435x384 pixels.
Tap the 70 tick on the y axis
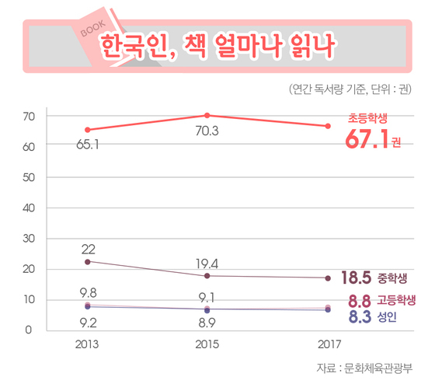(x=30, y=116)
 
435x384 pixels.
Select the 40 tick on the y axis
(x=30, y=208)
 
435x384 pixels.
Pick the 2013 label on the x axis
(x=87, y=344)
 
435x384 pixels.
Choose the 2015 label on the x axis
(x=207, y=344)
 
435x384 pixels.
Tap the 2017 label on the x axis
(x=327, y=344)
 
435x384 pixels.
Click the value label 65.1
(x=87, y=145)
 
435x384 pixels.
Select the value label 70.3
(x=207, y=131)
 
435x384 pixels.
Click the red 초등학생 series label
(x=367, y=118)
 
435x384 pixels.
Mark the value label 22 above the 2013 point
(x=88, y=249)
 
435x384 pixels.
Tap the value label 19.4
(x=207, y=264)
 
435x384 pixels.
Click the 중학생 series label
(x=392, y=278)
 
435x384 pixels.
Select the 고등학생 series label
(x=396, y=300)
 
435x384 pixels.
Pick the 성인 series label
(x=386, y=316)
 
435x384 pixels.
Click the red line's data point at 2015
(x=207, y=115)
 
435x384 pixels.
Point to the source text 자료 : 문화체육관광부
(x=364, y=367)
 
